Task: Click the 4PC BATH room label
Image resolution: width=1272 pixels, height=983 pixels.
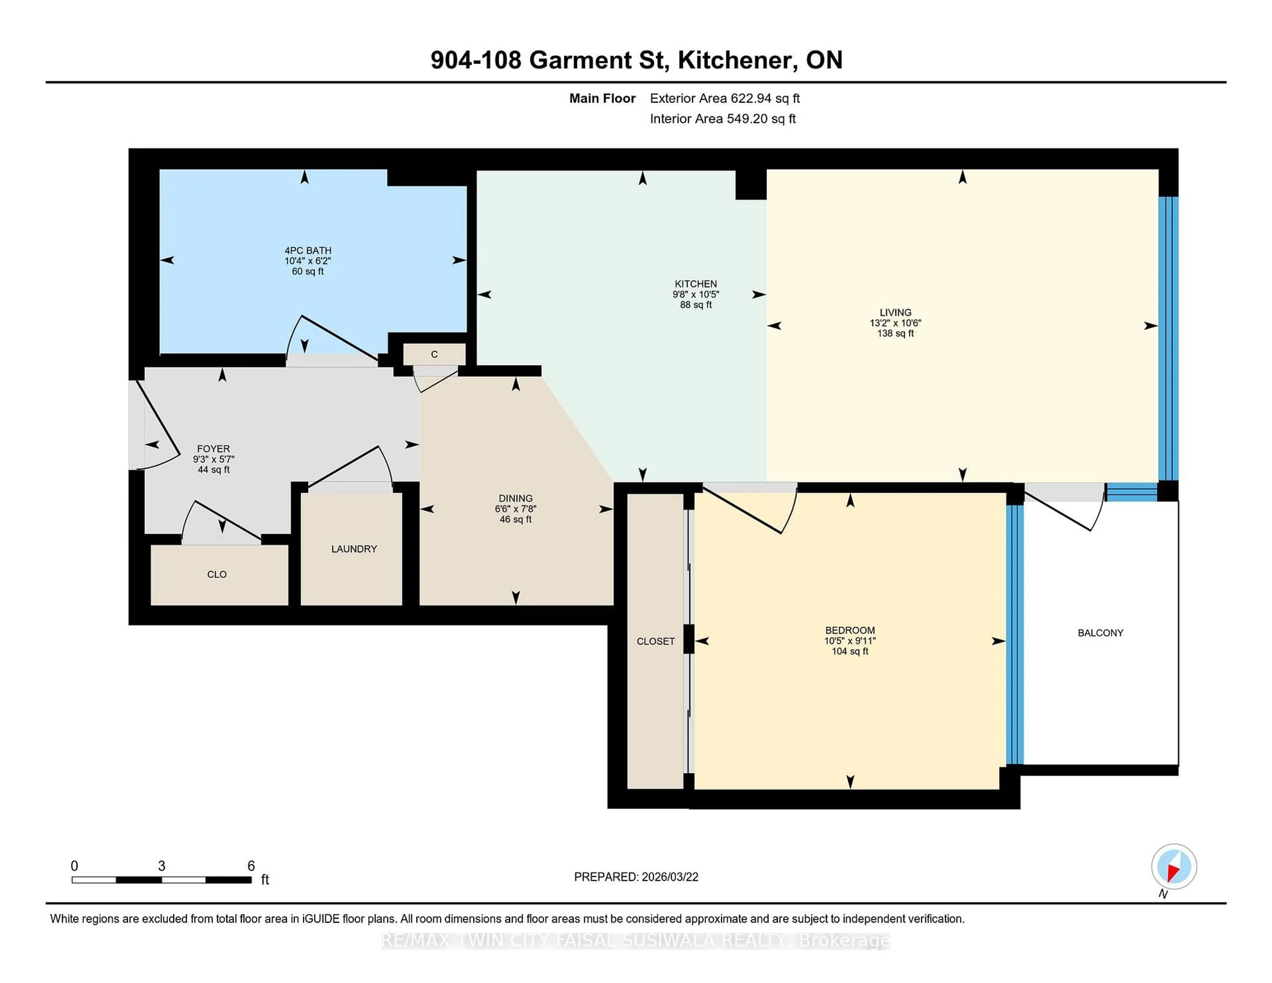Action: tap(307, 250)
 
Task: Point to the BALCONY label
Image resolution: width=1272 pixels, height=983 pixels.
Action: tap(1100, 633)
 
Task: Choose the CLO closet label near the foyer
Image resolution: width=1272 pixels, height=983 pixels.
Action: tap(217, 574)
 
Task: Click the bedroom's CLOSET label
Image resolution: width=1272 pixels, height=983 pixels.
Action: tap(655, 641)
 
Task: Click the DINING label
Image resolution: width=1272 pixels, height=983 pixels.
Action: tap(515, 498)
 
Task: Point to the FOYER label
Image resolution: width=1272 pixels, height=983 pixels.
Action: tap(213, 448)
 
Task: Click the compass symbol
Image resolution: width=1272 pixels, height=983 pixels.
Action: tap(1174, 866)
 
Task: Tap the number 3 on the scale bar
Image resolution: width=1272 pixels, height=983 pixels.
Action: tap(161, 866)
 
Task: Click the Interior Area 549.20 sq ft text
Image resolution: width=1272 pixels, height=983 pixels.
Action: tap(723, 119)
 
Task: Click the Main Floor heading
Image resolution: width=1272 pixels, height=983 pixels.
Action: tap(602, 98)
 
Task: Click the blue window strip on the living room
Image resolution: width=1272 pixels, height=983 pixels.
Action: tap(1168, 338)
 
